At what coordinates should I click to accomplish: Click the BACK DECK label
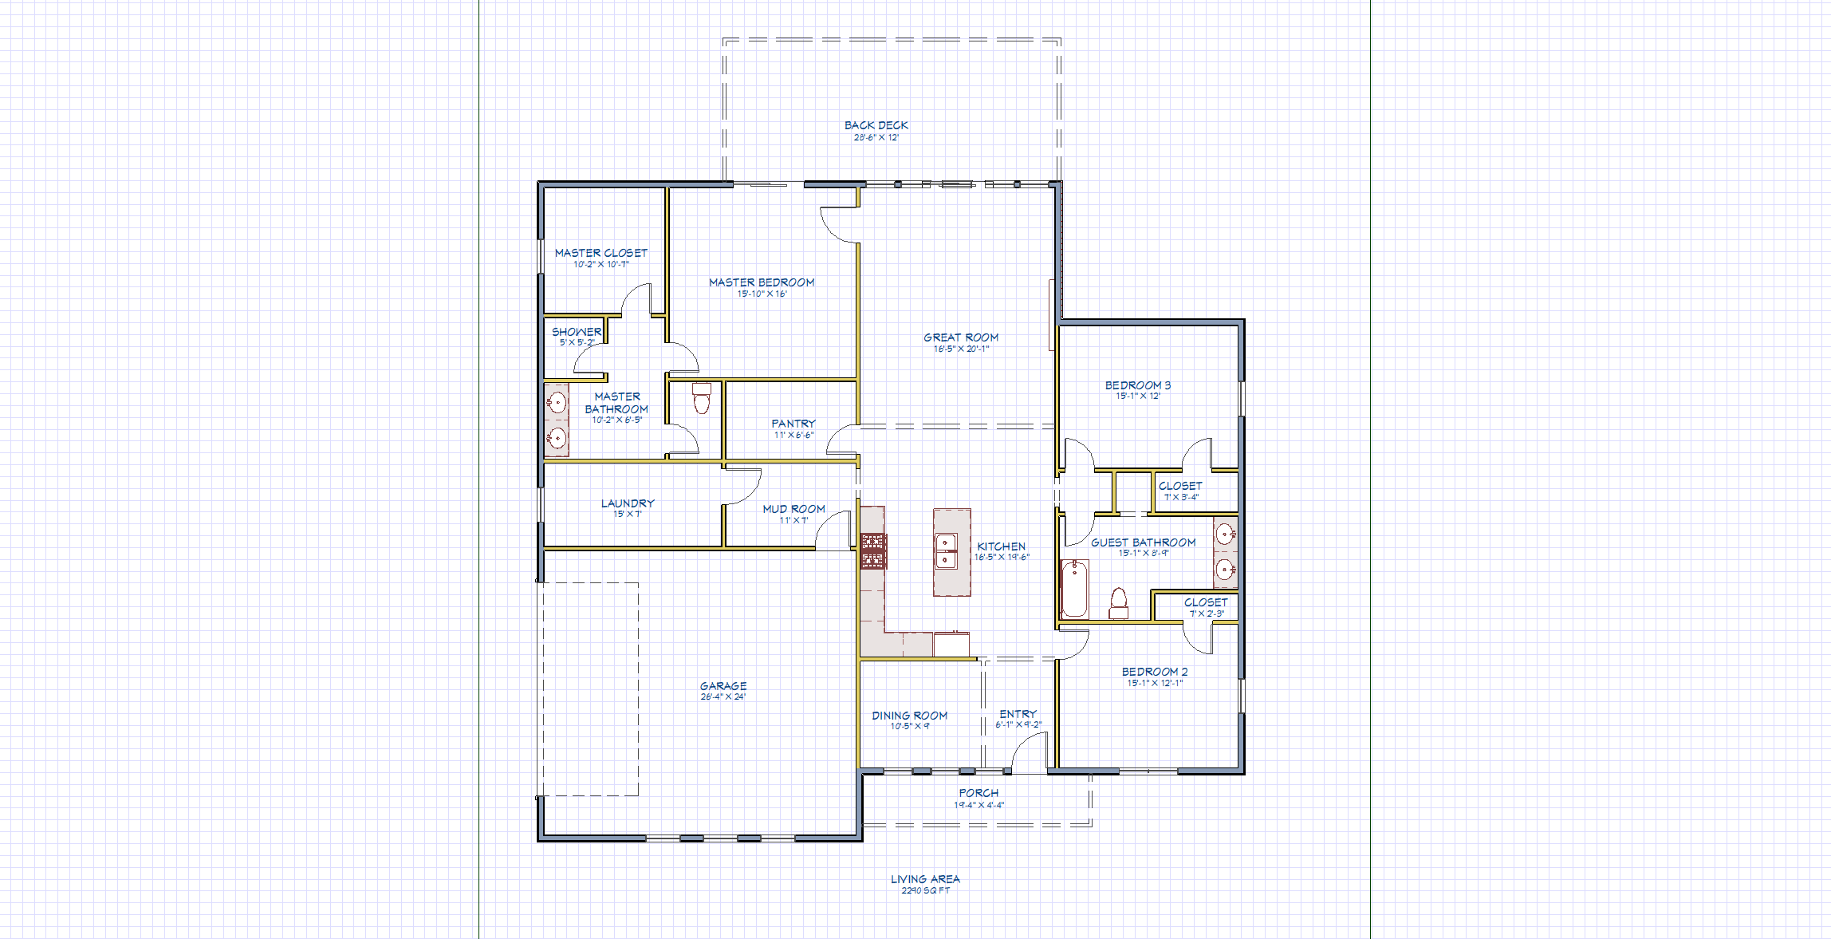click(876, 125)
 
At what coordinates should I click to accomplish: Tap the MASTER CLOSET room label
click(601, 253)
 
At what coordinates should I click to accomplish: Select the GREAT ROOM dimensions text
click(961, 349)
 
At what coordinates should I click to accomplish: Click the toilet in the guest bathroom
click(1118, 602)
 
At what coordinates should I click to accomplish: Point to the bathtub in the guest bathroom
click(1074, 589)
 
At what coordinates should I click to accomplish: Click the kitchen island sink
click(946, 551)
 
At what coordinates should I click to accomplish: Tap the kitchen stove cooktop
click(872, 551)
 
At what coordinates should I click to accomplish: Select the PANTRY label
click(793, 424)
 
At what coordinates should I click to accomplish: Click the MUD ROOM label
click(793, 509)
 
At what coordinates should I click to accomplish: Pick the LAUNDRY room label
click(628, 503)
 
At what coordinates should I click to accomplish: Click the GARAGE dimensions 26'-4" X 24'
click(723, 697)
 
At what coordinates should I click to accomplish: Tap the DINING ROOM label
click(909, 716)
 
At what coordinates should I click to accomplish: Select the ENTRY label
click(1018, 714)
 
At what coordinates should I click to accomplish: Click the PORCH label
click(979, 793)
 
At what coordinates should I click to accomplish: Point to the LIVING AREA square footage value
click(926, 890)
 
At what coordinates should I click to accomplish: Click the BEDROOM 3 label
click(1138, 385)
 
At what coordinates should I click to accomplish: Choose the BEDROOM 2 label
click(1155, 672)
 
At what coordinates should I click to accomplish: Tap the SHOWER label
click(577, 332)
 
